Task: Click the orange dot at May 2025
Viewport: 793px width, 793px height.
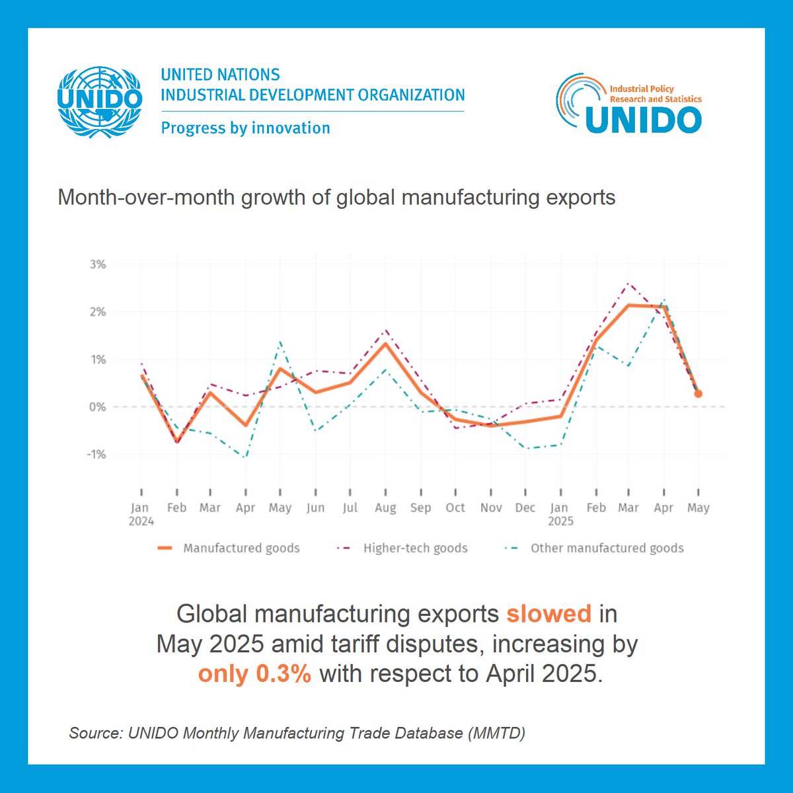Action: [x=698, y=394]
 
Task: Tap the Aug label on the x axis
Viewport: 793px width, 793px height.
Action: [x=385, y=508]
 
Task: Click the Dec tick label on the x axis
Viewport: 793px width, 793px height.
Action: [x=525, y=508]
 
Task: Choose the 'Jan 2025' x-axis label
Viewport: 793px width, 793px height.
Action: [x=560, y=513]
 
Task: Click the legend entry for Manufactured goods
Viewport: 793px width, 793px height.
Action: [x=229, y=548]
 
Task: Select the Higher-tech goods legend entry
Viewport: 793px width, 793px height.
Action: [x=403, y=548]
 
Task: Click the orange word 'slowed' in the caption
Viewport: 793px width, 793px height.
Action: [x=548, y=614]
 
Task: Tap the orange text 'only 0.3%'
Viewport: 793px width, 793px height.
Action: [x=254, y=673]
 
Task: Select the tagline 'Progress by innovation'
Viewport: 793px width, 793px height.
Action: [x=245, y=128]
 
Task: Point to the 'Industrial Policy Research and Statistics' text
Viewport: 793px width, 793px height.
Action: [x=654, y=94]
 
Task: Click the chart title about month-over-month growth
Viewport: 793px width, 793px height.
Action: [x=336, y=197]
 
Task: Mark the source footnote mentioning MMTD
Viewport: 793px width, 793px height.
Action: [x=297, y=733]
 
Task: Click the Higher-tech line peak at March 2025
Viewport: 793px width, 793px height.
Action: [x=628, y=283]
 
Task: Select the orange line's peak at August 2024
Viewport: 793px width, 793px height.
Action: [x=385, y=343]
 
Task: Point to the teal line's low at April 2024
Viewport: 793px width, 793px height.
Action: [x=246, y=457]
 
